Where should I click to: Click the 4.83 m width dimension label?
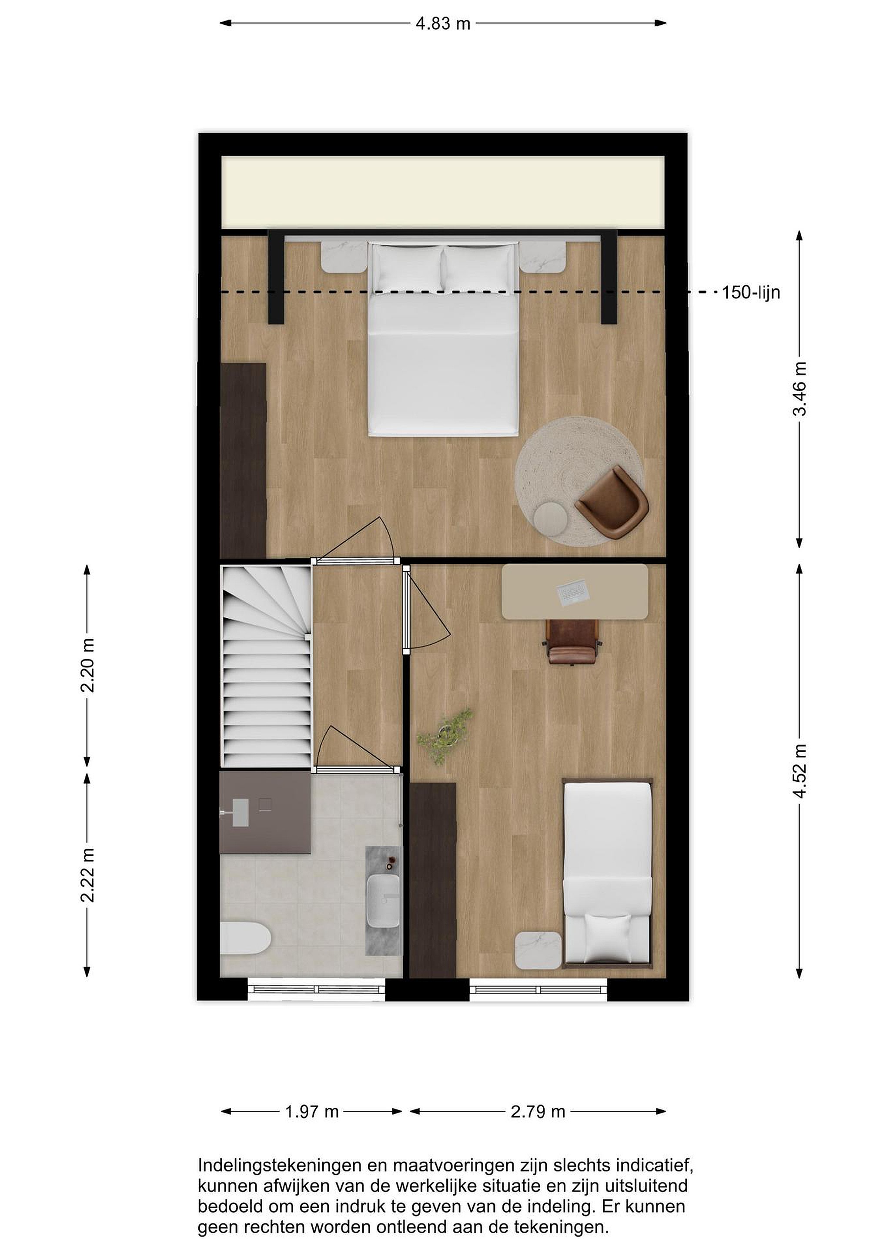click(442, 23)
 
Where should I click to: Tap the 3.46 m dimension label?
click(799, 389)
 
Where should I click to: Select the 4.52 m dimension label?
click(799, 771)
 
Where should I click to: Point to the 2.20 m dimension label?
click(87, 665)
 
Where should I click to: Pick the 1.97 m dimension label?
click(312, 1112)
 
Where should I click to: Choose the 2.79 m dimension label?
click(538, 1112)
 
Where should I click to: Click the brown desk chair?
click(573, 642)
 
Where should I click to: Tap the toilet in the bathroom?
click(245, 938)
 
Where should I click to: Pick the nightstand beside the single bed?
click(538, 951)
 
